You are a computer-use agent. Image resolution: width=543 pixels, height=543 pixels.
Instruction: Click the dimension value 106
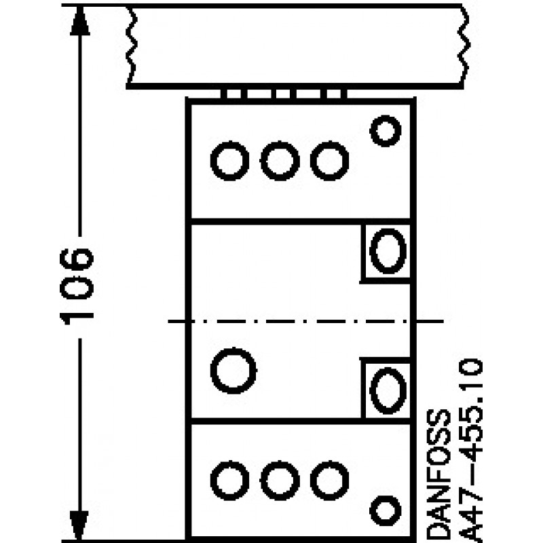(77, 286)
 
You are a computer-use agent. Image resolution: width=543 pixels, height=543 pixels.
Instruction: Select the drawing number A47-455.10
(471, 450)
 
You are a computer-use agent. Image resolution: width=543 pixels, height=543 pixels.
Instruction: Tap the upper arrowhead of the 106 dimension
(80, 21)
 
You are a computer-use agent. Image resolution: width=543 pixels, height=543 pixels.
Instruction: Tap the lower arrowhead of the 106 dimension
(79, 525)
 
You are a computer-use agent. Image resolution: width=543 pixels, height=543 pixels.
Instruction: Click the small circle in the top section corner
(385, 131)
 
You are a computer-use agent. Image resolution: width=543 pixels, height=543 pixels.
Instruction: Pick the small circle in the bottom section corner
(385, 510)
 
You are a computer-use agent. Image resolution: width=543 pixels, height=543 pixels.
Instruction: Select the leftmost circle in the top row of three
(229, 161)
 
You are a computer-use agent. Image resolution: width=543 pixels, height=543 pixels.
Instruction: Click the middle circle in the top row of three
(280, 161)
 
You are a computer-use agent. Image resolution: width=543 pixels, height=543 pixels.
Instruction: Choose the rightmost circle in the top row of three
(329, 161)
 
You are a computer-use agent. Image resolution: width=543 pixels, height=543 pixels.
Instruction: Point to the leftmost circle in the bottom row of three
(229, 481)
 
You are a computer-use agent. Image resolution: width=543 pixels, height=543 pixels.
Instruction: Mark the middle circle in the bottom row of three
(280, 481)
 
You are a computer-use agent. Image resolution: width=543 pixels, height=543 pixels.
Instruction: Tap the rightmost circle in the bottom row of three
(329, 481)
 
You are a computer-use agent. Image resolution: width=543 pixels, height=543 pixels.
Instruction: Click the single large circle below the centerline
(233, 371)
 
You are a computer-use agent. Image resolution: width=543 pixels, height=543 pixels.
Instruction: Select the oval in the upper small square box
(388, 250)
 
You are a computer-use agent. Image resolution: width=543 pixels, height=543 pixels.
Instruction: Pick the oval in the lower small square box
(388, 390)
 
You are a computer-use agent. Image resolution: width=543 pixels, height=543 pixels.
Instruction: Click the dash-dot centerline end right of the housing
(430, 321)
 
